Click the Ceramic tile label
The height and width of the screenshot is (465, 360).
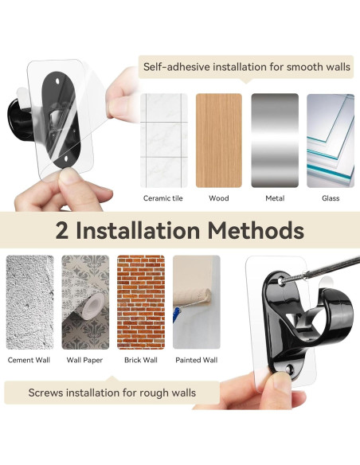[162, 198]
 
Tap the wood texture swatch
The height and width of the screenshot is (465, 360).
[219, 140]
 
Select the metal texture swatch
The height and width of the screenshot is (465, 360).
[275, 140]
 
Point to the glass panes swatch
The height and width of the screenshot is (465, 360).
[331, 140]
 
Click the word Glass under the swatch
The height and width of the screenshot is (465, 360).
[331, 198]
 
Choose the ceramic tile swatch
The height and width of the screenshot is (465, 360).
[164, 140]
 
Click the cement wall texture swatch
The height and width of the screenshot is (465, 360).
[30, 302]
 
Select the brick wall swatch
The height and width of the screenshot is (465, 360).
[141, 302]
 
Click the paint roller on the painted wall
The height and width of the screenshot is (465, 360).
[192, 300]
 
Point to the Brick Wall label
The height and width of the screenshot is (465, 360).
[141, 360]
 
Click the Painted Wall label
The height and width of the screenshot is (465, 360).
[197, 360]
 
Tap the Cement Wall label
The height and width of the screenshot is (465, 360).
[29, 360]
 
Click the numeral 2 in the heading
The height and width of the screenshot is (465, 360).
[61, 230]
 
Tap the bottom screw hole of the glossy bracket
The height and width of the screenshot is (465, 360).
[289, 369]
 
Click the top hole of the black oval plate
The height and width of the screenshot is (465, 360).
[57, 80]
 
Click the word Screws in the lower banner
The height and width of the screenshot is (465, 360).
[45, 393]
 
